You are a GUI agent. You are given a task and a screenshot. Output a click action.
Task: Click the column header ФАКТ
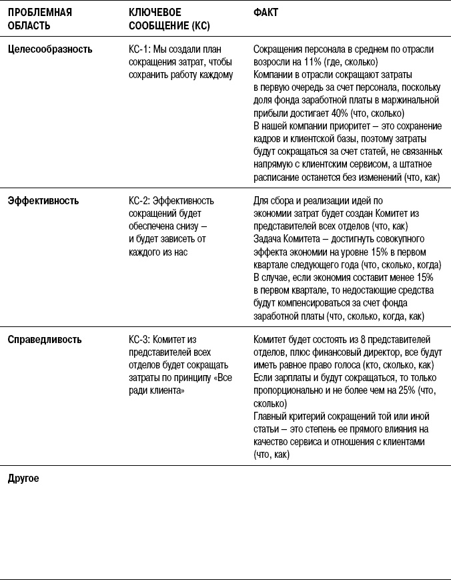266,13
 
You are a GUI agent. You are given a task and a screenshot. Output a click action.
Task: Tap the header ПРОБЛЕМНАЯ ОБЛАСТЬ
39,19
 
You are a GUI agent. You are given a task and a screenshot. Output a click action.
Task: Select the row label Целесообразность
50,49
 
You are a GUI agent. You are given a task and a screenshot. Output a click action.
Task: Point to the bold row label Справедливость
45,340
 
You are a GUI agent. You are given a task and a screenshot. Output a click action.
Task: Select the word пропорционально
286,390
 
